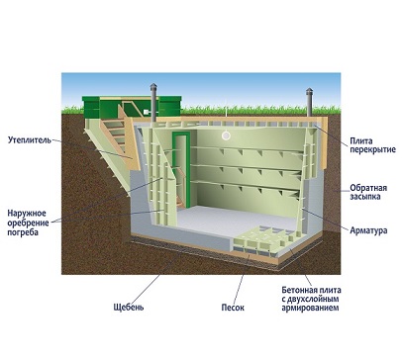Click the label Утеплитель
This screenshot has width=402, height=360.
(x=30, y=139)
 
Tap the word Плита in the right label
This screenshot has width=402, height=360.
(x=361, y=141)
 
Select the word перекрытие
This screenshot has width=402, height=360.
(x=373, y=149)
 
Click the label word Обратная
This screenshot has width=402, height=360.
(x=368, y=188)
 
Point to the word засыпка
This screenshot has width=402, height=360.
(x=365, y=197)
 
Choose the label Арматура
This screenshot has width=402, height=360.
(x=368, y=230)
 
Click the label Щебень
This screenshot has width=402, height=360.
(x=129, y=307)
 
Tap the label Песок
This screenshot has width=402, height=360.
(x=233, y=308)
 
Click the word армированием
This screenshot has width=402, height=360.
(x=310, y=308)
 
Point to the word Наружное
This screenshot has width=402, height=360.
(x=27, y=214)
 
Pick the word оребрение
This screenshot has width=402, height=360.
(x=28, y=223)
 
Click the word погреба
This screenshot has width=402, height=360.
(x=23, y=232)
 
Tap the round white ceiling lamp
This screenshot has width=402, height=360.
(x=226, y=135)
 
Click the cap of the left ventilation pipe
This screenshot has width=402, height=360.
(x=153, y=87)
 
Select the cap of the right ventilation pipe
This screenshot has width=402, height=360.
(x=309, y=91)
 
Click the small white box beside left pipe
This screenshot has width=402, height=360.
(x=146, y=113)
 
